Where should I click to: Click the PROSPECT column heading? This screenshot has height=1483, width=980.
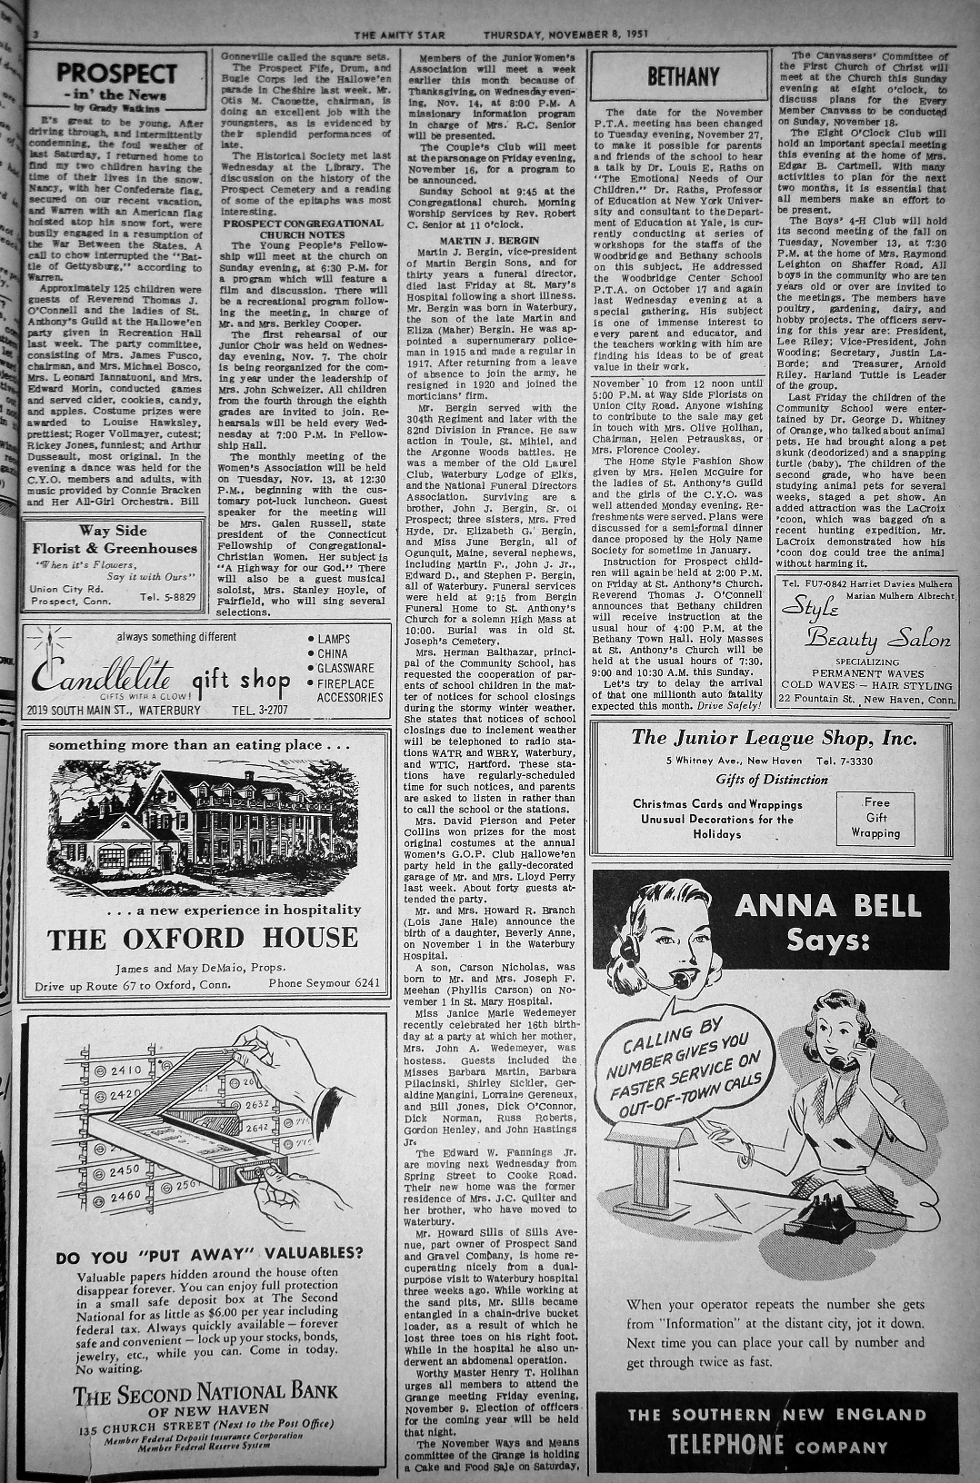(115, 73)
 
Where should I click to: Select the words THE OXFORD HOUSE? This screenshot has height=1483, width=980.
(203, 938)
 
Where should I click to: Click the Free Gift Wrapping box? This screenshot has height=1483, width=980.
(875, 817)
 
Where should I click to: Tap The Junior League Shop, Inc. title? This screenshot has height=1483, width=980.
(774, 738)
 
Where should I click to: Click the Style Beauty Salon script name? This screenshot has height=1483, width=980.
(864, 626)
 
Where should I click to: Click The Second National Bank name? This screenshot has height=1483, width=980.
(205, 1391)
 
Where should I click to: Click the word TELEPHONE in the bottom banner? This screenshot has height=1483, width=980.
(726, 1445)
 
